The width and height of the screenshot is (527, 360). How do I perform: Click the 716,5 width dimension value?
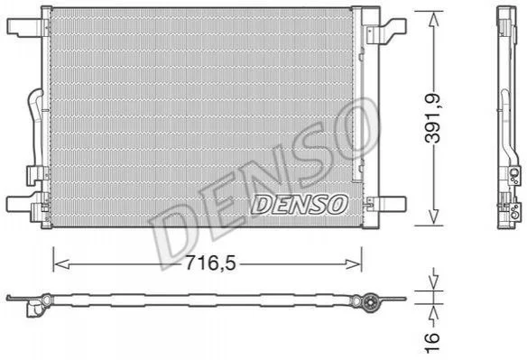[x=211, y=263]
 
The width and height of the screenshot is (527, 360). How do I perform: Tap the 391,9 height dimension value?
[x=432, y=117]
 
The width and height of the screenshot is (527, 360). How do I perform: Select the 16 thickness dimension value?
[x=432, y=343]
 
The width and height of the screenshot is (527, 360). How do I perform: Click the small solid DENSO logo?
[x=299, y=205]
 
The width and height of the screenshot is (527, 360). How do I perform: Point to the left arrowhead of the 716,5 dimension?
[x=61, y=264]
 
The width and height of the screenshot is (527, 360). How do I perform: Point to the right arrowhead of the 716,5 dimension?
[x=354, y=264]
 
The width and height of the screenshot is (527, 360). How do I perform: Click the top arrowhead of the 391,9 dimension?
[x=433, y=20]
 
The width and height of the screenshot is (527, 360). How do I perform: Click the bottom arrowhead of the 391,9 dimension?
[x=433, y=217]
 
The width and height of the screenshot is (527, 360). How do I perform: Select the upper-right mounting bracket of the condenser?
[x=386, y=31]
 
